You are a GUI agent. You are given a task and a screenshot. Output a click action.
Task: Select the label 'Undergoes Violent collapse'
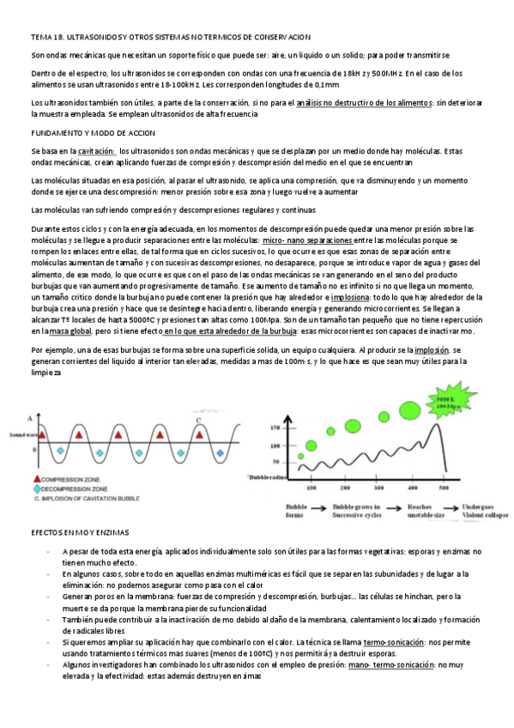(486, 511)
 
